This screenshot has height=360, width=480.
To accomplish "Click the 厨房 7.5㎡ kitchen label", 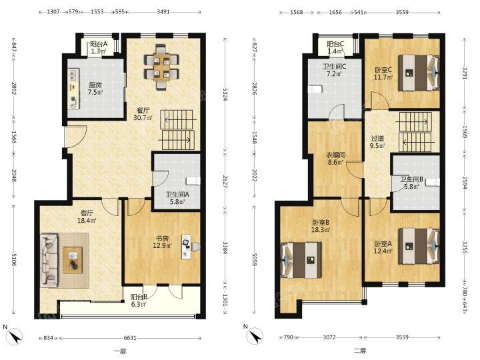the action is tap(95, 88).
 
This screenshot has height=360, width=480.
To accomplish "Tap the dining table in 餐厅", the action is tap(161, 67).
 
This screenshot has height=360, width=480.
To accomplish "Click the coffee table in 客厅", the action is tap(73, 260).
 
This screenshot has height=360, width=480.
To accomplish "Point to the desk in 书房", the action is tap(185, 247).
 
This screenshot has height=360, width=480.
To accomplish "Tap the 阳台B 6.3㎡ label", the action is tap(139, 300).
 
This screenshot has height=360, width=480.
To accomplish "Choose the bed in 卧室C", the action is tap(419, 73).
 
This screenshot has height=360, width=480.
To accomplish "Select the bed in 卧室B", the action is tap(301, 260).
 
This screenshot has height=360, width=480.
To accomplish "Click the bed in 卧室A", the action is tap(419, 246).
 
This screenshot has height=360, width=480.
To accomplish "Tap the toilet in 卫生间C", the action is tap(316, 89).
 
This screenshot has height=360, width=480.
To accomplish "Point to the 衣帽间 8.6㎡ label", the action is tap(335, 159).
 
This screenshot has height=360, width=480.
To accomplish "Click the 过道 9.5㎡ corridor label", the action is tap(377, 143).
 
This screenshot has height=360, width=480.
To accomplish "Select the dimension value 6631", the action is tap(130, 338).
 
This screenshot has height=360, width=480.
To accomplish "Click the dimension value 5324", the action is tap(225, 95).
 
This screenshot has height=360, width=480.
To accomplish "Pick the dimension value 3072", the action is tap(329, 337).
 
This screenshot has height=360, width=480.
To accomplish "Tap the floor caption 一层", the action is tap(120, 351).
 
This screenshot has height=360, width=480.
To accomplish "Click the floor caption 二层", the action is tap(360, 351).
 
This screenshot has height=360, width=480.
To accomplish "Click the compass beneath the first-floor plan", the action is tap(15, 335).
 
